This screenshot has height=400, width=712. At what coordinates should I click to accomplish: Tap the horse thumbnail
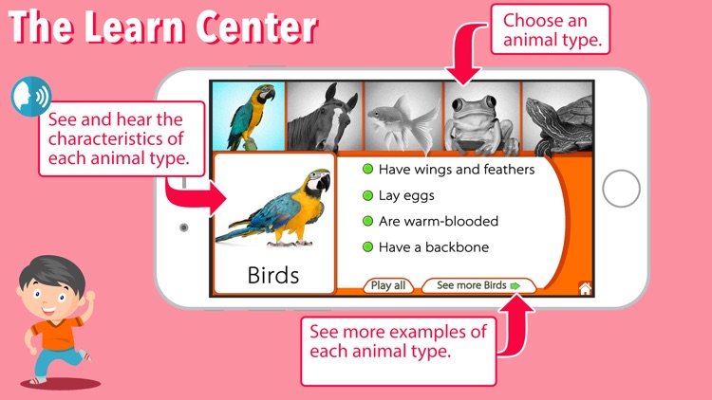click(x=325, y=114)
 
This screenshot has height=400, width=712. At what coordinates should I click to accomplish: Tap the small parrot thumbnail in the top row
click(x=249, y=114)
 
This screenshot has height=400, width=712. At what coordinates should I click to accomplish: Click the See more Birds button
click(x=478, y=285)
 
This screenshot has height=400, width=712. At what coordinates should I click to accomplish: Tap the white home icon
click(x=585, y=288)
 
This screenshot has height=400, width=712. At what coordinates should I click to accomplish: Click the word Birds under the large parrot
click(x=273, y=276)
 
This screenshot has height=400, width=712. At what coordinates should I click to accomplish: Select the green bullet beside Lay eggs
click(x=366, y=195)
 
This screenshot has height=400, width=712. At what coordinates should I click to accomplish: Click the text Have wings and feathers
click(x=457, y=170)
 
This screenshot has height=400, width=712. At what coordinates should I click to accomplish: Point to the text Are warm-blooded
click(x=438, y=221)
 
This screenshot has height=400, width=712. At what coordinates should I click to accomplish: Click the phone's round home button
click(x=621, y=190)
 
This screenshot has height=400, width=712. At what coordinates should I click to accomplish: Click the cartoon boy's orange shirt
click(x=57, y=333)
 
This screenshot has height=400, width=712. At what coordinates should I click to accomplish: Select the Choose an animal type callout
click(x=545, y=29)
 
